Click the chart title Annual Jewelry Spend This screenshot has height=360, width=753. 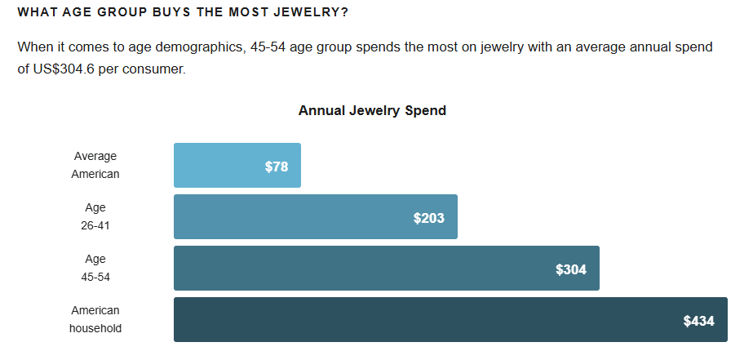(x=372, y=110)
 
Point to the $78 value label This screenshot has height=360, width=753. (x=277, y=167)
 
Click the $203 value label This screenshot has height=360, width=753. (x=429, y=218)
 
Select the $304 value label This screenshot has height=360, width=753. (x=571, y=269)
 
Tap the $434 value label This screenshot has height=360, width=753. (x=699, y=321)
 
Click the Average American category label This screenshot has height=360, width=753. (x=95, y=165)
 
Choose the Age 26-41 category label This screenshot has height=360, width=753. (x=95, y=216)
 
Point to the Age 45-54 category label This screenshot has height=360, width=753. (x=95, y=268)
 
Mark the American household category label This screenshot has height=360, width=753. (x=95, y=319)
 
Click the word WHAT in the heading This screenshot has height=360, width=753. (x=35, y=13)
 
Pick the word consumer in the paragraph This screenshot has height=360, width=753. (x=157, y=69)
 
